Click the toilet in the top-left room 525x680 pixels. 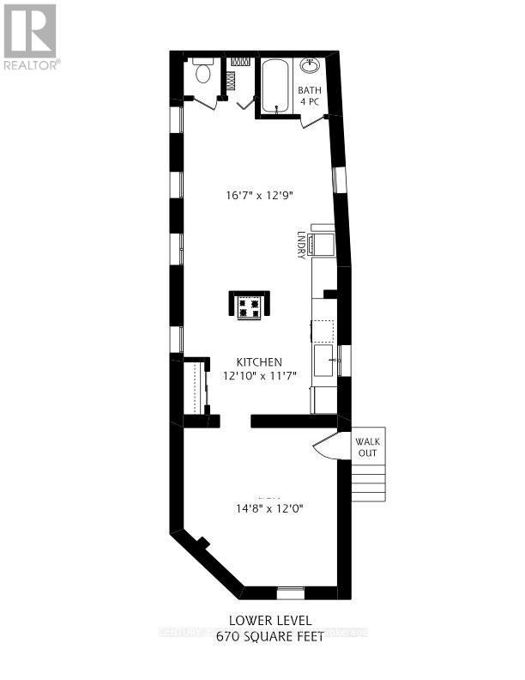(203, 73)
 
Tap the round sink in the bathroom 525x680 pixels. (310, 66)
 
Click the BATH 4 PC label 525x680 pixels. (309, 96)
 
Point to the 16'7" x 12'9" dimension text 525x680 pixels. (260, 196)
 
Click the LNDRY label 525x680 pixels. (301, 245)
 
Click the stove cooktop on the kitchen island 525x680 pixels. (250, 307)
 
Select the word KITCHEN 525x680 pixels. (261, 362)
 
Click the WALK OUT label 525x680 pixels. (367, 447)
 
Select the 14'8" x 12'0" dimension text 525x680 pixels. (269, 508)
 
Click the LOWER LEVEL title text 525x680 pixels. (271, 620)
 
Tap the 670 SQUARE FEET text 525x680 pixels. (271, 636)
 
